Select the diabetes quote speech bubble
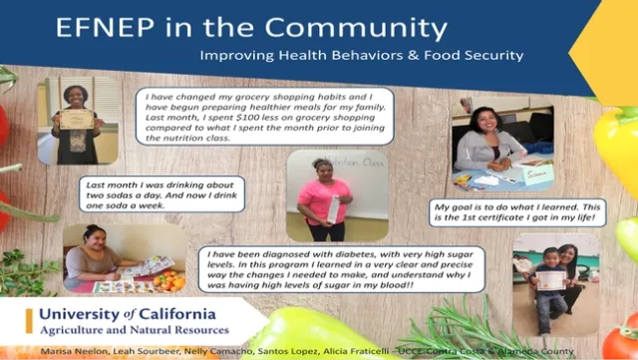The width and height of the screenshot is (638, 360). pyautogui.click(x=342, y=269)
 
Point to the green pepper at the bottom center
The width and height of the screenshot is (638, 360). pyautogui.click(x=309, y=329)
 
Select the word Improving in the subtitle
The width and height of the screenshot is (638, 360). pyautogui.click(x=232, y=56)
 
